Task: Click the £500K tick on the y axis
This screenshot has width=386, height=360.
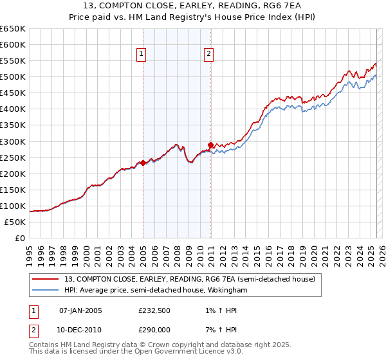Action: tap(13, 77)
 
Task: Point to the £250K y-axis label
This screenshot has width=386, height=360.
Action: tap(13, 157)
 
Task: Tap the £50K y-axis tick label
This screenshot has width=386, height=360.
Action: tap(15, 222)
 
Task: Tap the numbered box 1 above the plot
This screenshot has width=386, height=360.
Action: tap(141, 55)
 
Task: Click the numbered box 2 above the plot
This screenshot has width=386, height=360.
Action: tap(209, 55)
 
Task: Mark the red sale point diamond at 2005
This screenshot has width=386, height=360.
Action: tap(143, 163)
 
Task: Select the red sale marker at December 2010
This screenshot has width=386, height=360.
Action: tap(210, 144)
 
